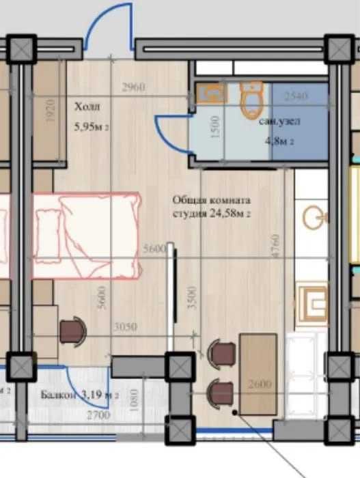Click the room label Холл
(87, 107)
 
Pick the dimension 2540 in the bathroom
(297, 96)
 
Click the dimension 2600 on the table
(260, 384)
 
